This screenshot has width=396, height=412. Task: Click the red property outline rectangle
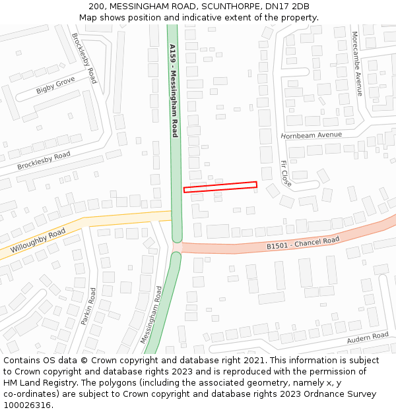pos(220,187)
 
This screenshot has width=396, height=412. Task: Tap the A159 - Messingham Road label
pos(174,91)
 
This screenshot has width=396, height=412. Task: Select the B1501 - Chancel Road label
pos(303,243)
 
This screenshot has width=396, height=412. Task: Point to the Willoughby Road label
pos(38,241)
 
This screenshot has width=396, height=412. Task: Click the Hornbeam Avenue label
pos(311,135)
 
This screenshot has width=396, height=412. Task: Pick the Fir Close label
pos(286,173)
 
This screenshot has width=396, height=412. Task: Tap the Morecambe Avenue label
pos(357,63)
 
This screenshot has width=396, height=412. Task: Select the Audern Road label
pos(368,338)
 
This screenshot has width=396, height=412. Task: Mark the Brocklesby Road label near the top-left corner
pos(84,58)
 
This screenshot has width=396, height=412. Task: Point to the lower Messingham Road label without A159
pos(151,314)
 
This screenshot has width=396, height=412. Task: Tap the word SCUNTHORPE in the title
pos(228,7)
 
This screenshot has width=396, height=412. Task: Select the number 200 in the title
pos(97,7)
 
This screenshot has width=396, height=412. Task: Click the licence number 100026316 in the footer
pos(27,405)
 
